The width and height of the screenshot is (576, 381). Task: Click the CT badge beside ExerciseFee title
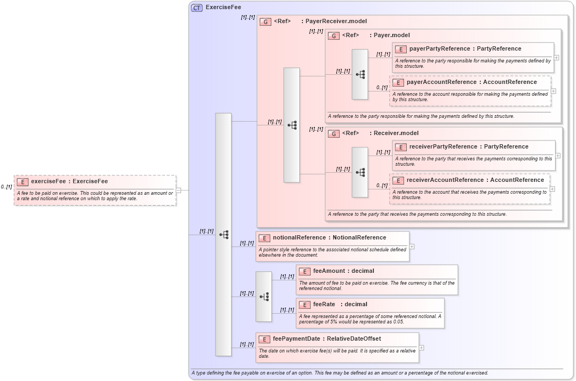[x=197, y=8]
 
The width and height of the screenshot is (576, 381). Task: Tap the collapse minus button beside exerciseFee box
[x=178, y=190]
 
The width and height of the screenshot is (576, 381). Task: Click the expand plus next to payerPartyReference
[x=557, y=58]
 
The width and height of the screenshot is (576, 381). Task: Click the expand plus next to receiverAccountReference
[x=552, y=189]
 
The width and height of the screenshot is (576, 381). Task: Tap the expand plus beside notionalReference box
[x=412, y=246]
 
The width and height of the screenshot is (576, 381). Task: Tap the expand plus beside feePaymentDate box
[x=421, y=348]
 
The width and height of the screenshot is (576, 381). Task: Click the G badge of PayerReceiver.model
[x=265, y=22]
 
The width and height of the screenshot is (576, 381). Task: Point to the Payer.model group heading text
[x=392, y=35]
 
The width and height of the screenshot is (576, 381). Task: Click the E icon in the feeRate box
[x=304, y=305]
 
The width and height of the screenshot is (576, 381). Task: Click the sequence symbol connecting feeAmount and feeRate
[x=264, y=297]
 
